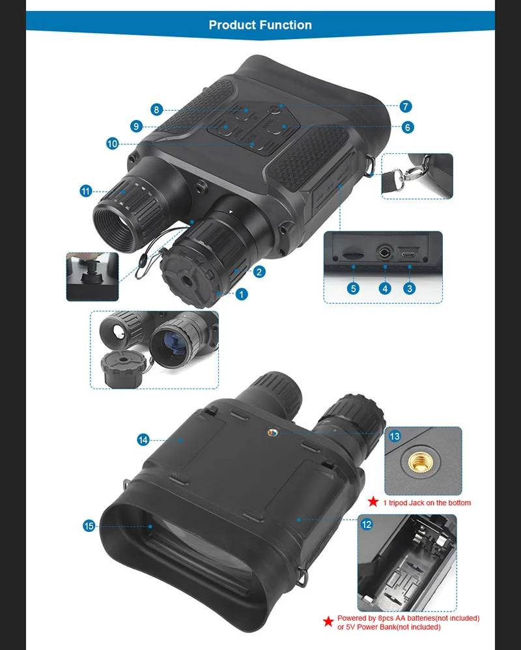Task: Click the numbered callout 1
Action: [242, 294]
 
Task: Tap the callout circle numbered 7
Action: [406, 106]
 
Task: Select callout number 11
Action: [86, 191]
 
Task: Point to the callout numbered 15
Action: [89, 526]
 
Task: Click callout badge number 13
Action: [395, 436]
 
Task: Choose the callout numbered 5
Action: [353, 289]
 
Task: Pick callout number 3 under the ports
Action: [410, 289]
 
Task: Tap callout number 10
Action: [112, 144]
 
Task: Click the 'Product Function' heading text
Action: [260, 25]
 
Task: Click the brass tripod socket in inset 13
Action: [418, 462]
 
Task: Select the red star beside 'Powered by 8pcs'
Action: [328, 622]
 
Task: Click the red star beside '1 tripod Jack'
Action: [373, 501]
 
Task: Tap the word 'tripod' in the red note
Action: [397, 503]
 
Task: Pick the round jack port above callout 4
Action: [385, 252]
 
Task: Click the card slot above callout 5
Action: [353, 253]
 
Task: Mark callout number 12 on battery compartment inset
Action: [367, 524]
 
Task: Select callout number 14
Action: [143, 440]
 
